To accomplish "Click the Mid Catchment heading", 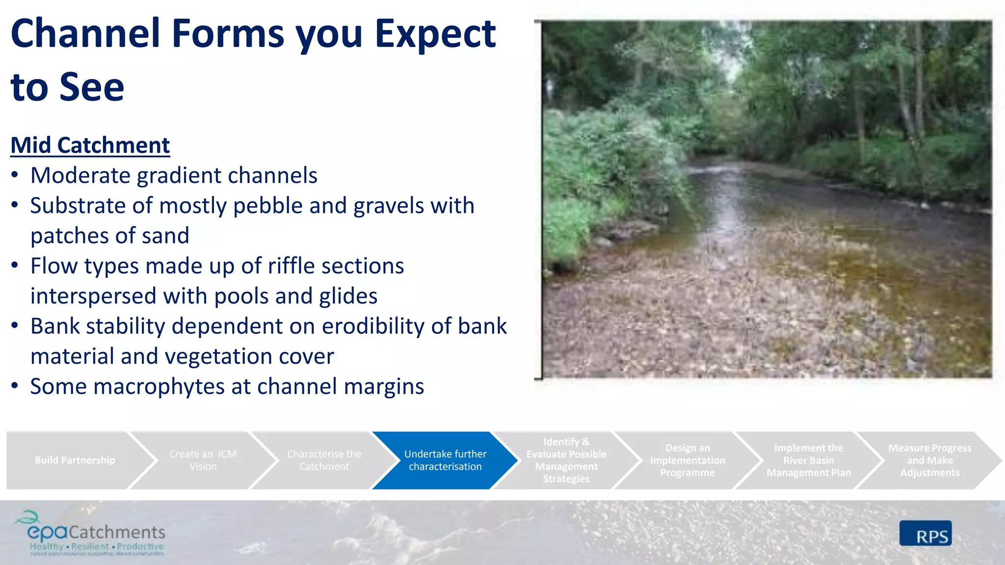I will (90, 146).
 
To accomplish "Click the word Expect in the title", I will (435, 34).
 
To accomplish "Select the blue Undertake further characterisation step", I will (445, 460).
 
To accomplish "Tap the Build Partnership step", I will (75, 460).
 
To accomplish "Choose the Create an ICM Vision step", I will (203, 460).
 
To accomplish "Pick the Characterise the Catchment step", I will (324, 460).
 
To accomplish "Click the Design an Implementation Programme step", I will (687, 460).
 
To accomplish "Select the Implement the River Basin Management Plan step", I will (808, 460).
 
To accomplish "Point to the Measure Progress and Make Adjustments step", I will (929, 460).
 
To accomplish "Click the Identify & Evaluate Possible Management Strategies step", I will (566, 460).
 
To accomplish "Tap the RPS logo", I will (926, 534).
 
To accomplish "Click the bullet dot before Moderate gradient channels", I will (15, 175).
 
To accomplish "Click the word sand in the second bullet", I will (165, 236).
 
